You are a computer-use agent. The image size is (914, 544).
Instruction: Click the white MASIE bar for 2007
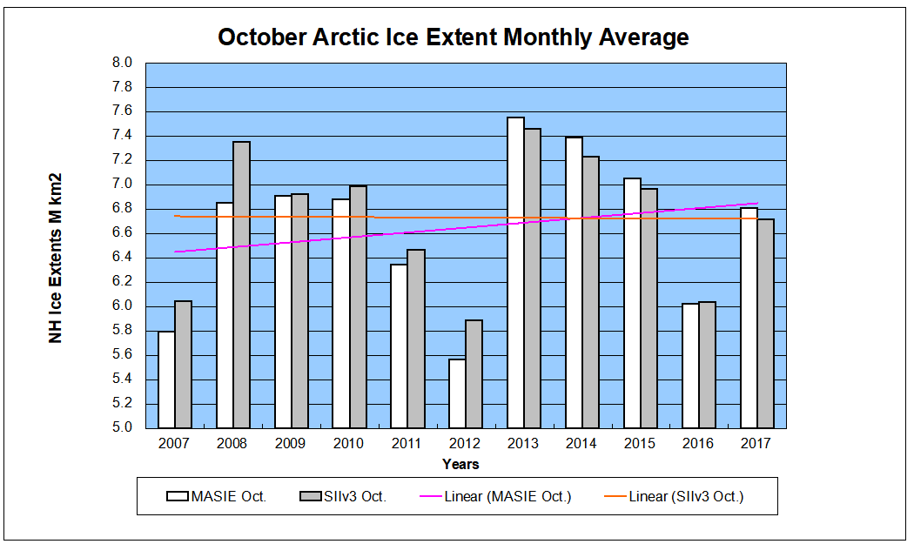pyautogui.click(x=166, y=379)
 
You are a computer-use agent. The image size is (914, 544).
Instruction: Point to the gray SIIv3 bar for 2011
pyautogui.click(x=416, y=339)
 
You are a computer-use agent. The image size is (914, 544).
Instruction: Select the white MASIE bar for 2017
pyautogui.click(x=749, y=318)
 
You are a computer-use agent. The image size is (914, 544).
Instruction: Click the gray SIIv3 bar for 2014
pyautogui.click(x=590, y=292)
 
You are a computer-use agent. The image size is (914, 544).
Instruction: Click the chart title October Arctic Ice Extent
pyautogui.click(x=453, y=37)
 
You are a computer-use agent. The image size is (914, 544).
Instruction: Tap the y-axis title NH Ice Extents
pyautogui.click(x=56, y=258)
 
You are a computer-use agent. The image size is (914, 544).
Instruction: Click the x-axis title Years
pyautogui.click(x=460, y=464)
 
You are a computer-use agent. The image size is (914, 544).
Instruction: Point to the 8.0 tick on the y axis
pyautogui.click(x=122, y=63)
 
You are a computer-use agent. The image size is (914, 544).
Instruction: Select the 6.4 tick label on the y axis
pyautogui.click(x=122, y=257)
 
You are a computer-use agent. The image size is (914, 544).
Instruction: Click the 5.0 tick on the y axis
pyautogui.click(x=122, y=427)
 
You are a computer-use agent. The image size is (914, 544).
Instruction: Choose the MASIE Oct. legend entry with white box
pyautogui.click(x=217, y=496)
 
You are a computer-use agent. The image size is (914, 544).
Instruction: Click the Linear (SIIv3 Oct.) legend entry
pyautogui.click(x=674, y=496)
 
